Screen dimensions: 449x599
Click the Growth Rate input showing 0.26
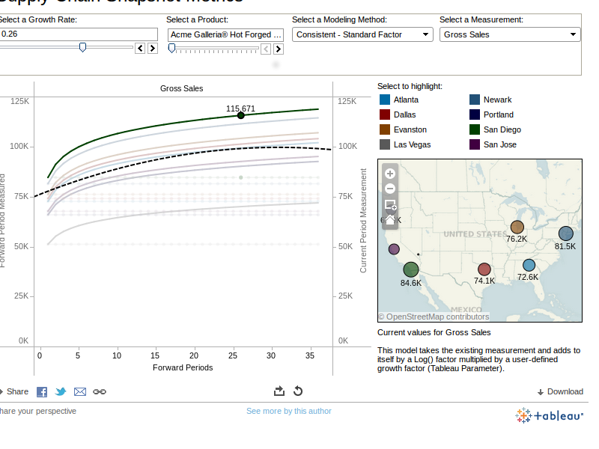pos(79,34)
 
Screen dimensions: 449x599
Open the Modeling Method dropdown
pos(362,34)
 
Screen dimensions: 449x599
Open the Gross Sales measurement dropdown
pos(510,34)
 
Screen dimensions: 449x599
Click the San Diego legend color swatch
pos(475,129)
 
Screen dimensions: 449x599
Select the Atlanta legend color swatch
pos(385,100)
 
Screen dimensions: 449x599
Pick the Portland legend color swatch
pos(475,114)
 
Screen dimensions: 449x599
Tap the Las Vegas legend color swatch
pos(385,144)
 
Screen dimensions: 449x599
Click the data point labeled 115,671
pos(241,115)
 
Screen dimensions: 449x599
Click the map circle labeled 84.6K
pos(411,269)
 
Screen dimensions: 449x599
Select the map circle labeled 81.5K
pos(565,233)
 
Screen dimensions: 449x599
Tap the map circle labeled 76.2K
pos(517,227)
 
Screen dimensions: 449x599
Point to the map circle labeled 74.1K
pos(484,269)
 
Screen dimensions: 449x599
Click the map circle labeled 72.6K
pos(529,265)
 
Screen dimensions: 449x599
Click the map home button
pos(390,220)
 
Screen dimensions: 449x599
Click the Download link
pos(560,391)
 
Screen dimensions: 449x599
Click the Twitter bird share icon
pos(61,391)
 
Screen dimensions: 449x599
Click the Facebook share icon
pos(42,391)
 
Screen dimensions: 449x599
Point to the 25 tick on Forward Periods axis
pos(232,355)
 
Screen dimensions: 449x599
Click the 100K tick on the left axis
pos(19,146)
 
